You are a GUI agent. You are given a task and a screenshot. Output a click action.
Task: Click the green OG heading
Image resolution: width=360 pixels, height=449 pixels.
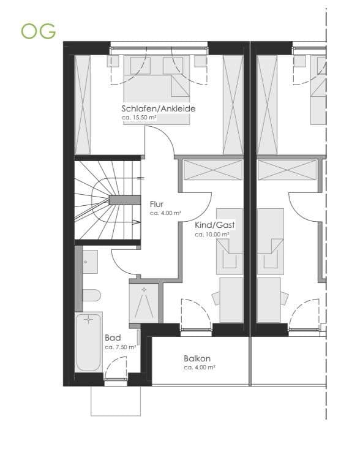click(x=38, y=31)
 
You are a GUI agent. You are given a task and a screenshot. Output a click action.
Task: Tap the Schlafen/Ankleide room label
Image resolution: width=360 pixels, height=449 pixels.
click(x=159, y=108)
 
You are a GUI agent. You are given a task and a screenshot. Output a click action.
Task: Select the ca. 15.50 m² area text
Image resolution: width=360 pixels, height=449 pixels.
click(x=139, y=117)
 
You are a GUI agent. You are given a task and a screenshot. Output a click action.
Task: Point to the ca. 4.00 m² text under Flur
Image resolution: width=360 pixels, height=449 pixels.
click(x=165, y=213)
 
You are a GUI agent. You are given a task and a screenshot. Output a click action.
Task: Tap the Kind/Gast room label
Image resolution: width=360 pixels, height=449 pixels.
click(x=215, y=225)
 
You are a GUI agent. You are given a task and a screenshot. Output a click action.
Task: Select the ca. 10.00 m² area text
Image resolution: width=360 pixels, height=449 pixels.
click(x=212, y=234)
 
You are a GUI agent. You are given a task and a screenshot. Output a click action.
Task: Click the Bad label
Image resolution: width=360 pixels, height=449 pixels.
click(x=112, y=338)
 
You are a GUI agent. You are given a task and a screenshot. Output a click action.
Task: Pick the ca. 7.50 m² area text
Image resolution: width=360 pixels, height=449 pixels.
click(x=120, y=347)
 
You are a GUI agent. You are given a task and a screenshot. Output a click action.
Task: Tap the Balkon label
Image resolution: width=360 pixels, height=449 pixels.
click(x=197, y=358)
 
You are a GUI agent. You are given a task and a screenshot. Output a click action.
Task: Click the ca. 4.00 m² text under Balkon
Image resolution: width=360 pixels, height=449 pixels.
click(x=200, y=368)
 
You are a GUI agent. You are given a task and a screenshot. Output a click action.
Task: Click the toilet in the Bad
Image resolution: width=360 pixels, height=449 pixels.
click(x=91, y=296)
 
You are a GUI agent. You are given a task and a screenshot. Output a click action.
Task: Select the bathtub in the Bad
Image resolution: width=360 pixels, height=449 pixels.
click(x=89, y=342)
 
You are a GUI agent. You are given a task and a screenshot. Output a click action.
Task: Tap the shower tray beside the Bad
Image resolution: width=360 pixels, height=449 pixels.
click(x=144, y=302)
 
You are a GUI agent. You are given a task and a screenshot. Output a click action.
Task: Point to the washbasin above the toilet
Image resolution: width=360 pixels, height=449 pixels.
click(x=89, y=262)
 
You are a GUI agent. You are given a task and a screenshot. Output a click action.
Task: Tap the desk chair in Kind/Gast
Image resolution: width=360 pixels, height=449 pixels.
click(x=216, y=298)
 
